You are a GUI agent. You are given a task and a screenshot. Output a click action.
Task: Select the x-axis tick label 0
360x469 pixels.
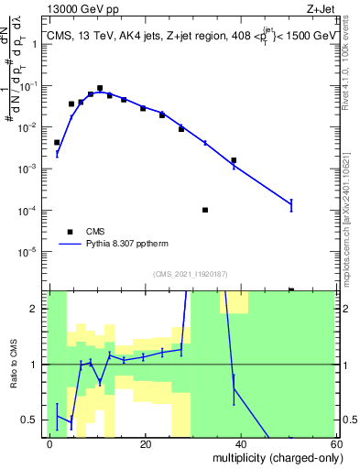point(49,443)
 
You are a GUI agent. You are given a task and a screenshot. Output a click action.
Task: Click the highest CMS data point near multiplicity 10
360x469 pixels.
point(100,89)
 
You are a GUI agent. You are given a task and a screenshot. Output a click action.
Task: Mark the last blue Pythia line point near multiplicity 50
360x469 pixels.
point(291,204)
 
